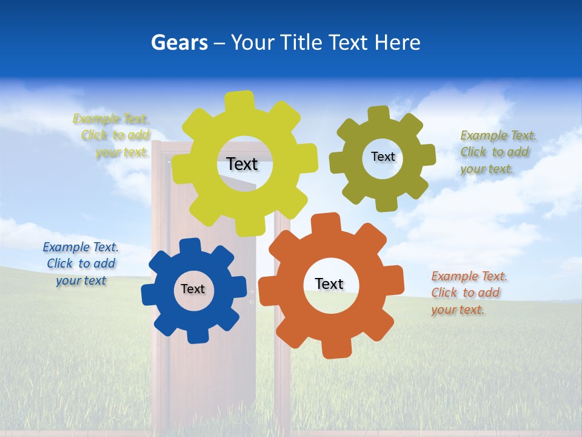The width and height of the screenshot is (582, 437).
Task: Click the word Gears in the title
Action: point(179,43)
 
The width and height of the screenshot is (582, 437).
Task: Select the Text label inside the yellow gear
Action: point(242,164)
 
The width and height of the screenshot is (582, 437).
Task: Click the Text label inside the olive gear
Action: point(383,157)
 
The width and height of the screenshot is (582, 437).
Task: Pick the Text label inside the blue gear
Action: point(193,289)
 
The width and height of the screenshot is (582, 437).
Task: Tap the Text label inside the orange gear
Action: point(329,283)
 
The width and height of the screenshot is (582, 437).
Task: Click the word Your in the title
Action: point(253,43)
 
